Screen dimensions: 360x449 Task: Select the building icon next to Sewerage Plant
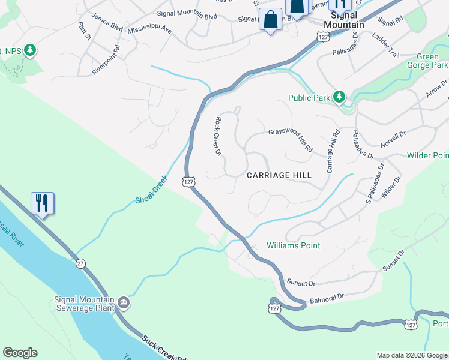click(124, 301)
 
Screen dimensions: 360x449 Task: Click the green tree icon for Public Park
click(339, 97)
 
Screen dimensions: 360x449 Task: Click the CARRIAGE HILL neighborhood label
click(279, 175)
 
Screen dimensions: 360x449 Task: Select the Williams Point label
click(293, 245)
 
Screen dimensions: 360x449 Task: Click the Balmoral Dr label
click(327, 297)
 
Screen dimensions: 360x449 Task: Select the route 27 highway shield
click(81, 263)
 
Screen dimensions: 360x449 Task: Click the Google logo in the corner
click(20, 353)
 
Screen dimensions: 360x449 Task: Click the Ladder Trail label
click(385, 46)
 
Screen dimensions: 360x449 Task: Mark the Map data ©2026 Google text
click(412, 355)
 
